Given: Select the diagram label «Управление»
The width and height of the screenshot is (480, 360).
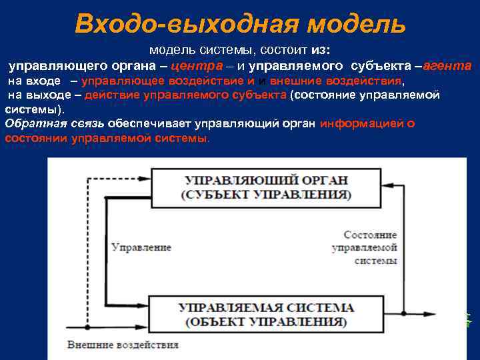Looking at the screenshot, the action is tap(141, 247).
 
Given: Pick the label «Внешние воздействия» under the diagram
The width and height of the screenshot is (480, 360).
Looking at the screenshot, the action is tap(123, 345).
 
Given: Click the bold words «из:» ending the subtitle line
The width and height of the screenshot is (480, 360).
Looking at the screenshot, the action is tap(320, 51).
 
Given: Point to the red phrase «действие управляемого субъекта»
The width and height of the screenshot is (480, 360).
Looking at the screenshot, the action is tap(186, 95).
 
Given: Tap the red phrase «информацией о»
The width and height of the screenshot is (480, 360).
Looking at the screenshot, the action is tap(367, 123).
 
